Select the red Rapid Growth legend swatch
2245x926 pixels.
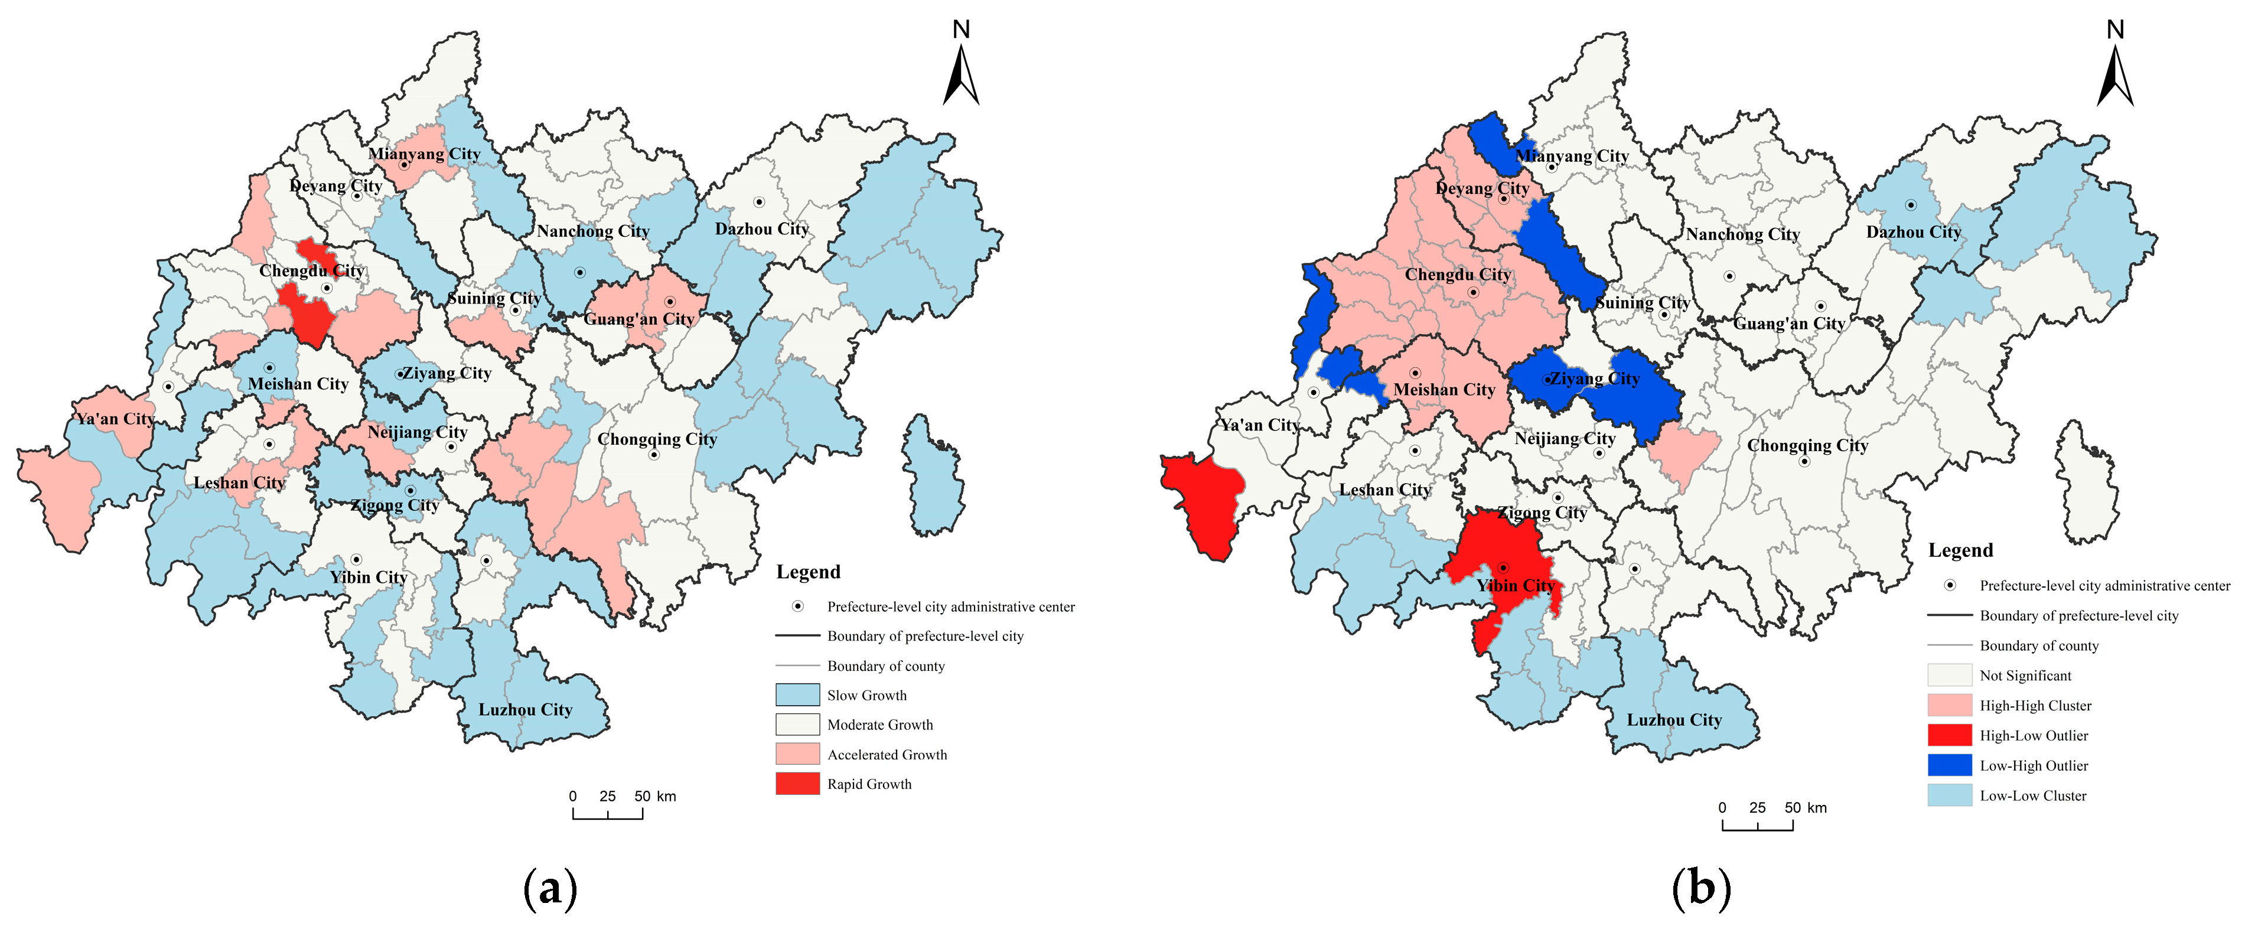tap(797, 783)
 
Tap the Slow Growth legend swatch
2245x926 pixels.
tap(797, 694)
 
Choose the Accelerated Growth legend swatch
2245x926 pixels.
tap(797, 754)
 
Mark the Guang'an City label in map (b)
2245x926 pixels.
tap(1788, 323)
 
